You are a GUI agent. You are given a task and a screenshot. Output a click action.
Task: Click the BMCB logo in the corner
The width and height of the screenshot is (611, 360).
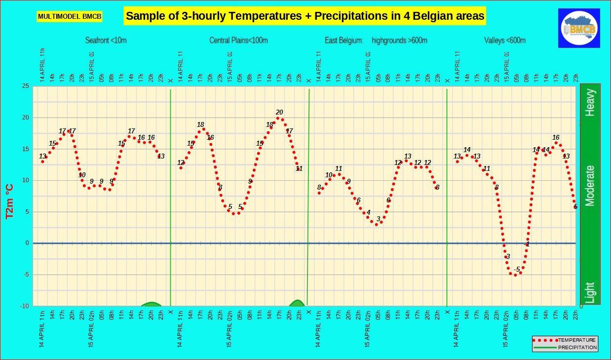(579, 28)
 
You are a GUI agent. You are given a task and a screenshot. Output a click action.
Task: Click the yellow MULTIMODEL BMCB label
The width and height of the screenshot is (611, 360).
(70, 17)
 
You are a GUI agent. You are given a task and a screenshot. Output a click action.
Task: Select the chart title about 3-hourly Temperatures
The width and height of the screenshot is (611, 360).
(305, 16)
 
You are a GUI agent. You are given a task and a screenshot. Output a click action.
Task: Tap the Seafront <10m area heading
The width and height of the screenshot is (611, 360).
(106, 40)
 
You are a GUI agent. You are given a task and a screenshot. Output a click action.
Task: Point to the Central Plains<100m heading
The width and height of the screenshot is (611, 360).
(238, 40)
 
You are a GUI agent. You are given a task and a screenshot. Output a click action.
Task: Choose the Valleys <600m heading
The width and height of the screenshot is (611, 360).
(505, 40)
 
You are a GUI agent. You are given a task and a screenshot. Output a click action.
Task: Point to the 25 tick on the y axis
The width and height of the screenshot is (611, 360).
(25, 86)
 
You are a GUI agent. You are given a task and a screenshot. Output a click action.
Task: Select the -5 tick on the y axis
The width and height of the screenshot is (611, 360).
(25, 275)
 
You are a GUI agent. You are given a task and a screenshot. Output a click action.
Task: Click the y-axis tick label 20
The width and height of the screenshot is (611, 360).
(25, 118)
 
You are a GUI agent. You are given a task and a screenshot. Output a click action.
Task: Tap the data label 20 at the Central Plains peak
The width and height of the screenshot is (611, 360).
(279, 112)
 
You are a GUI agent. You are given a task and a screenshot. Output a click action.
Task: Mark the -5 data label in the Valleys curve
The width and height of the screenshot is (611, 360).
(517, 269)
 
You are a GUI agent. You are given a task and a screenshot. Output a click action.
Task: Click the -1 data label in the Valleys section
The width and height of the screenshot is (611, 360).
(527, 244)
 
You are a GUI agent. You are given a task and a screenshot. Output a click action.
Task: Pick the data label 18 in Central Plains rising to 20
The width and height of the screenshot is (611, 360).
(269, 125)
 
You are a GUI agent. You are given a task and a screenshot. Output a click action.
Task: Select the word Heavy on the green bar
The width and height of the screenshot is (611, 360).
(590, 102)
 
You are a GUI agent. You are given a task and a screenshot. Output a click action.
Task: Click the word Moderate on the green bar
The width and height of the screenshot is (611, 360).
(590, 185)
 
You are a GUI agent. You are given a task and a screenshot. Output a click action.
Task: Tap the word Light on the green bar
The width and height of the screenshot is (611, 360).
(590, 292)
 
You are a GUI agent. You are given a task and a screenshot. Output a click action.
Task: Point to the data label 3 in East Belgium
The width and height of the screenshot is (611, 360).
(379, 219)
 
